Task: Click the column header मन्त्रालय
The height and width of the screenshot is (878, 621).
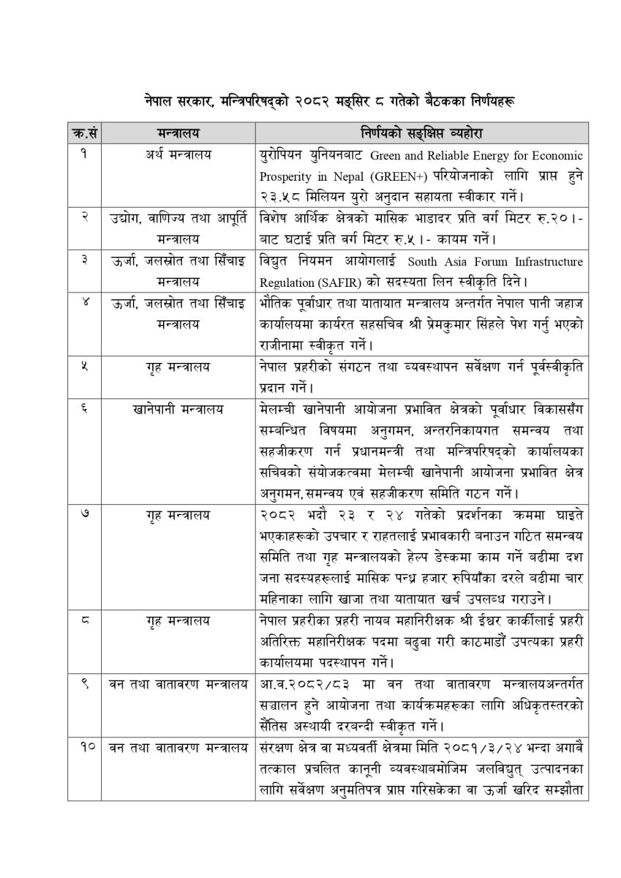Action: (x=178, y=133)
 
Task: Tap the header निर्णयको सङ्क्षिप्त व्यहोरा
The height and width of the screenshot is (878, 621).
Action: (x=420, y=133)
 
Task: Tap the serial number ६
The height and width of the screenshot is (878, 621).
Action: (x=86, y=407)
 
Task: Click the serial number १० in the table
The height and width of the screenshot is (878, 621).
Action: (x=86, y=747)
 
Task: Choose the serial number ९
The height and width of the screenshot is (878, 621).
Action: (x=86, y=684)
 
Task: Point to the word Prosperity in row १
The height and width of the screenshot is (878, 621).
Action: (x=285, y=177)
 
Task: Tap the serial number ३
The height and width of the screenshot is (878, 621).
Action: (x=86, y=261)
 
